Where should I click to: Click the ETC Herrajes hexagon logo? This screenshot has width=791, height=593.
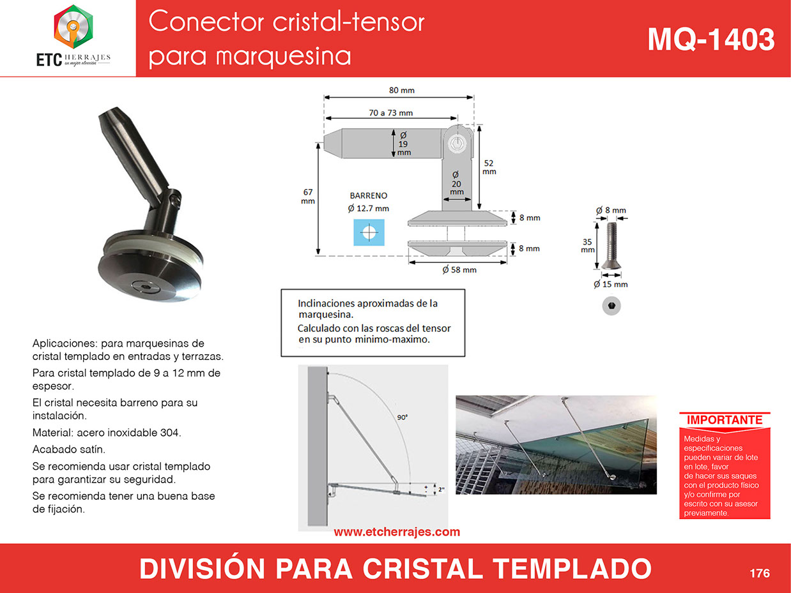[73, 27]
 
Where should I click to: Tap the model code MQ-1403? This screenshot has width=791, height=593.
[711, 40]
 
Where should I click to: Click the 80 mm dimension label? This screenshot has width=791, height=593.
[402, 91]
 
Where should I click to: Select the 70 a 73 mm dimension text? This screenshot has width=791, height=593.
[390, 113]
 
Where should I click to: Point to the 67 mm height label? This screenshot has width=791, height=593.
[308, 197]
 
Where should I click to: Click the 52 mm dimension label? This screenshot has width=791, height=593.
[489, 167]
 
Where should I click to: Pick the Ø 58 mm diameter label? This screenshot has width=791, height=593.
[459, 269]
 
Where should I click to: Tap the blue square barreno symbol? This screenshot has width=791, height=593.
[369, 232]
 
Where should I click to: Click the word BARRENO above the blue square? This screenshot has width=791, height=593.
[368, 195]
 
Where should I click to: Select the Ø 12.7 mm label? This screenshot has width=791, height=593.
[368, 209]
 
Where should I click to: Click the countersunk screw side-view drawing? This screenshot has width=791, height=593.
[611, 246]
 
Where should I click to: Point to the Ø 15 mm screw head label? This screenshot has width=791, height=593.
[611, 285]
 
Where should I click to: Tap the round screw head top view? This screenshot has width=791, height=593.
[611, 306]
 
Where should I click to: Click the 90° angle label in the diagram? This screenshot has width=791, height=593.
[402, 417]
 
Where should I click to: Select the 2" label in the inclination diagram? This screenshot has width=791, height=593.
[441, 490]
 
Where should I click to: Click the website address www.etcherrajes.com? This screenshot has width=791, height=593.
[397, 532]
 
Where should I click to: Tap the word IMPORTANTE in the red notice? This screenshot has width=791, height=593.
[725, 420]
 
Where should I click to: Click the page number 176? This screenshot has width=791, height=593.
[760, 573]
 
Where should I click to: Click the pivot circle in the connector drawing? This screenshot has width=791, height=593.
[457, 143]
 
